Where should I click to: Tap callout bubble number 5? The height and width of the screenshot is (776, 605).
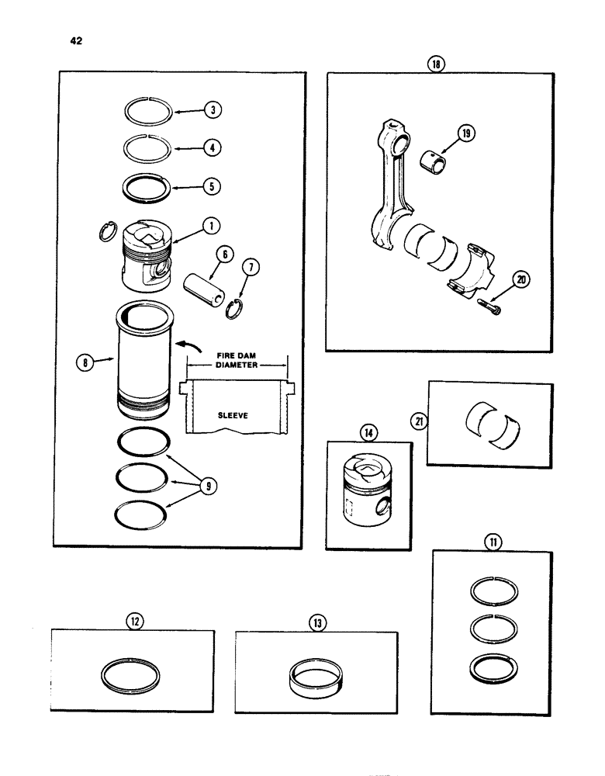[212, 186]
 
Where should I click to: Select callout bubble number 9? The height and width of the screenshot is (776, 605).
[208, 486]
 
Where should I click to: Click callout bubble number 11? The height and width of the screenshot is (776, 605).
[490, 542]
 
